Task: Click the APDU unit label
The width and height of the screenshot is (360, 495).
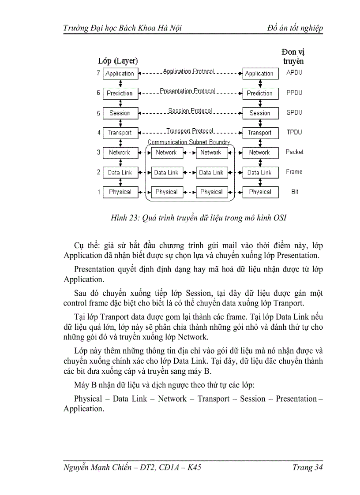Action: point(294,73)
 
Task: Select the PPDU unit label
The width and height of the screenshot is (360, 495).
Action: point(294,93)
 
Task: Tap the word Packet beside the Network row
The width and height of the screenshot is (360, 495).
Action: point(294,152)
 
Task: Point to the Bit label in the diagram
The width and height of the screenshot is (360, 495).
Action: point(294,192)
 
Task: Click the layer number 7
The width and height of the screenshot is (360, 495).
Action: point(98,73)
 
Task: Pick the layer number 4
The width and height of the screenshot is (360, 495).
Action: point(98,132)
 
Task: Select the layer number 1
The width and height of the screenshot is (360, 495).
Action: point(98,192)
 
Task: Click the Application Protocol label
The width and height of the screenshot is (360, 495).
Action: point(189,71)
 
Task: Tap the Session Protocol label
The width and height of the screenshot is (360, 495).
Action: point(190,111)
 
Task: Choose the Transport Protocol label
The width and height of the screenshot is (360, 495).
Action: point(190,131)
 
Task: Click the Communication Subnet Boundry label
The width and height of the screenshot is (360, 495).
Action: point(188,142)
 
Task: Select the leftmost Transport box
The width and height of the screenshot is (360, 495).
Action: point(120,133)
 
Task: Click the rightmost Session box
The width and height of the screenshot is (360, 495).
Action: point(260,113)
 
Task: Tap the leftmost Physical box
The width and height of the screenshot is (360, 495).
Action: point(120,192)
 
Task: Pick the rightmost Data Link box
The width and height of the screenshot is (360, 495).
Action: point(260,173)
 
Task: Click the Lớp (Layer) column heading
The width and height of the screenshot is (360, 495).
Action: point(118,61)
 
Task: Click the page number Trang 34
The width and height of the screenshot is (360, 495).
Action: point(307,468)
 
